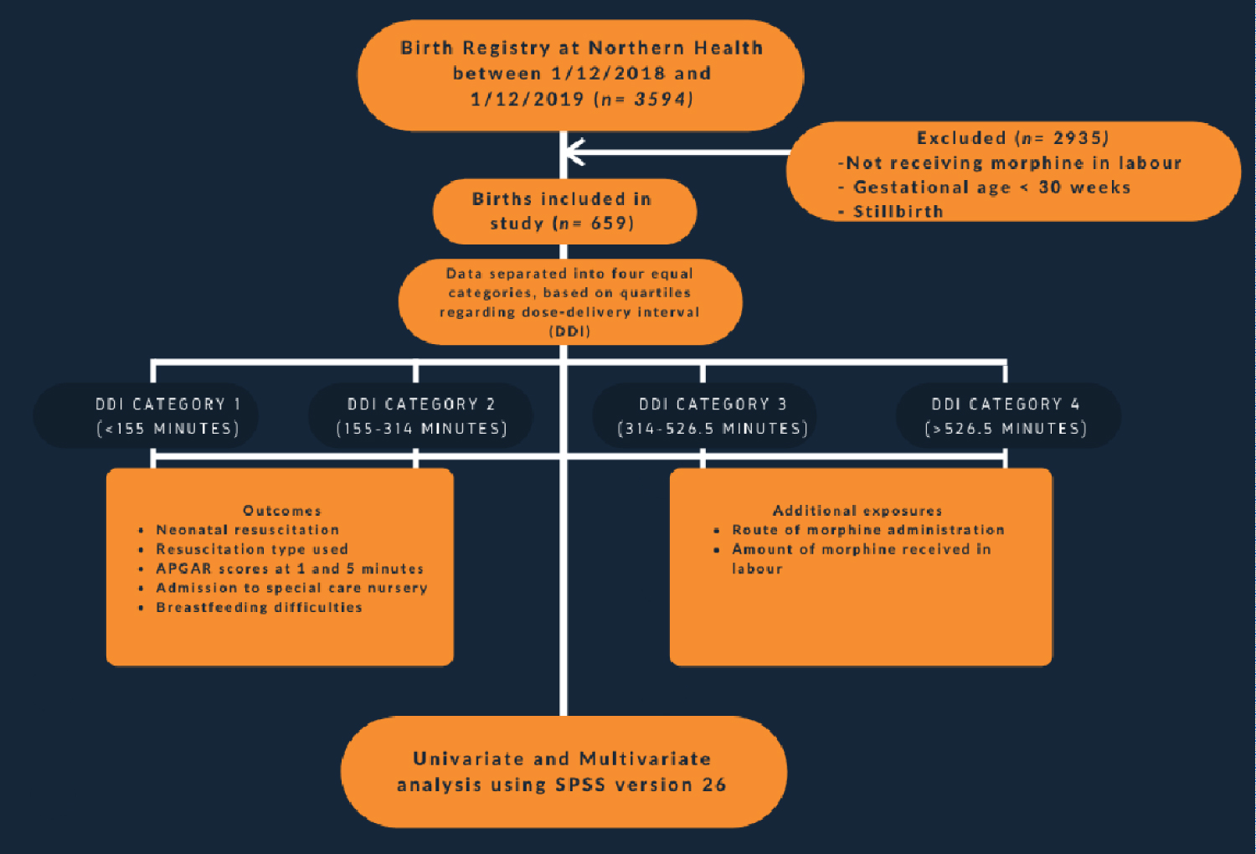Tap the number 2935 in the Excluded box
point(1080,138)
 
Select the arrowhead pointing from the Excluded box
point(574,152)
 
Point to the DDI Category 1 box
point(146,416)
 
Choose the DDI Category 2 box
point(421,416)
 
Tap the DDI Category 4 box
point(1007,416)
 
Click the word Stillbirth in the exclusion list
point(898,212)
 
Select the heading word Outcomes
point(281,511)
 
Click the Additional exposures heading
point(857,511)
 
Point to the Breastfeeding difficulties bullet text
point(259,607)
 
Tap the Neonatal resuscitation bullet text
point(247,530)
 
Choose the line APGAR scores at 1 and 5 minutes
point(290,568)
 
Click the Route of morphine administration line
point(867,530)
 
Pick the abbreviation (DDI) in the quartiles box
point(569,332)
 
